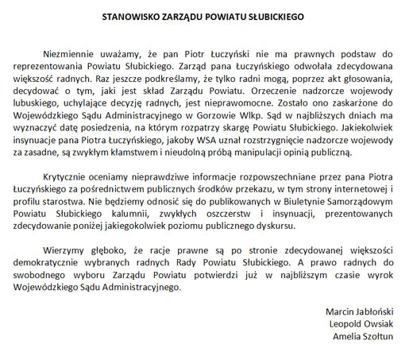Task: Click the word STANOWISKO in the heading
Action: point(137,14)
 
